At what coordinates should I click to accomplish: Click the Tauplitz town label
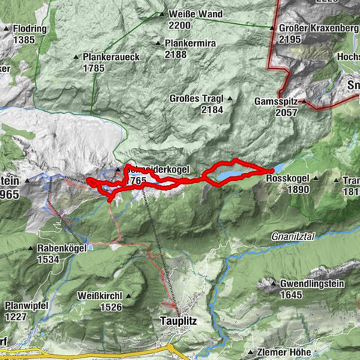[x=180, y=319]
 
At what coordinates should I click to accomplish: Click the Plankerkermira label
[x=190, y=43]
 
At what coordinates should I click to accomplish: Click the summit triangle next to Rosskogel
[x=317, y=178]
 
